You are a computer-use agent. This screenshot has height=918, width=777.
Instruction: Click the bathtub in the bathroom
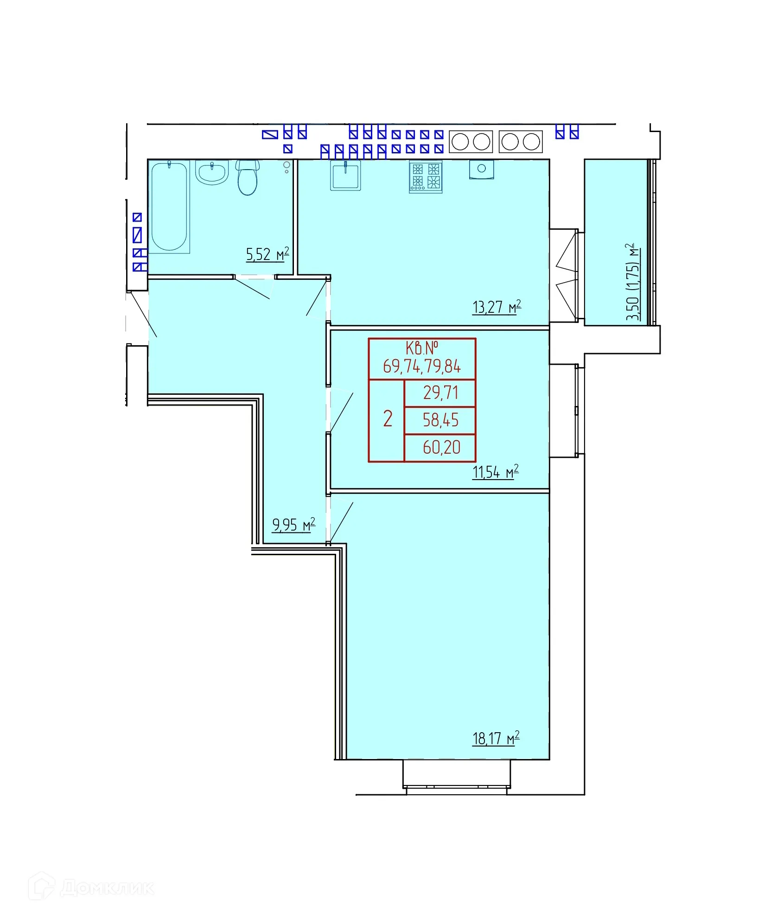[x=170, y=206]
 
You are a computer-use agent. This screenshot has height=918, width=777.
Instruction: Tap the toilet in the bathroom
[x=248, y=177]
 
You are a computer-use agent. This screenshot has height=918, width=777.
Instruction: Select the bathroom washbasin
[x=212, y=172]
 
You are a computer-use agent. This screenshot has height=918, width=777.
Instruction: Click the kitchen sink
[x=345, y=175]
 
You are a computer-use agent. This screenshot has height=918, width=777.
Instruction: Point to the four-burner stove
[x=426, y=177]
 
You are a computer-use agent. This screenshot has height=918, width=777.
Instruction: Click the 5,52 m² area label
[x=267, y=254]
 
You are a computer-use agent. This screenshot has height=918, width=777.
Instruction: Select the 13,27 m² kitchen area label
[x=497, y=307]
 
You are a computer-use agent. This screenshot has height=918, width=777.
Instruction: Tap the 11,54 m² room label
[x=495, y=472]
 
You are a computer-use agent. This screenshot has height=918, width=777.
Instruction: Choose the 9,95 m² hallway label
[x=293, y=525]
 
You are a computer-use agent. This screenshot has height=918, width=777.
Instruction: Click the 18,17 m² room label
[x=496, y=738]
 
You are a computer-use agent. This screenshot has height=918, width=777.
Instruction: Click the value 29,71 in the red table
[x=440, y=393]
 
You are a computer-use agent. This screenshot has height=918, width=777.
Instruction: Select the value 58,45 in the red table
[x=440, y=420]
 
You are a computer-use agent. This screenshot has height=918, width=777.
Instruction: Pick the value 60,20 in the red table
[x=441, y=447]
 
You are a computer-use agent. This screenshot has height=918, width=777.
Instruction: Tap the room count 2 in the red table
[x=388, y=419]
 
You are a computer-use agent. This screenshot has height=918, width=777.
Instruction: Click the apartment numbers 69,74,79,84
[x=422, y=367]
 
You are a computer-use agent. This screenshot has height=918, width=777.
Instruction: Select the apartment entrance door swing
[x=142, y=314]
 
